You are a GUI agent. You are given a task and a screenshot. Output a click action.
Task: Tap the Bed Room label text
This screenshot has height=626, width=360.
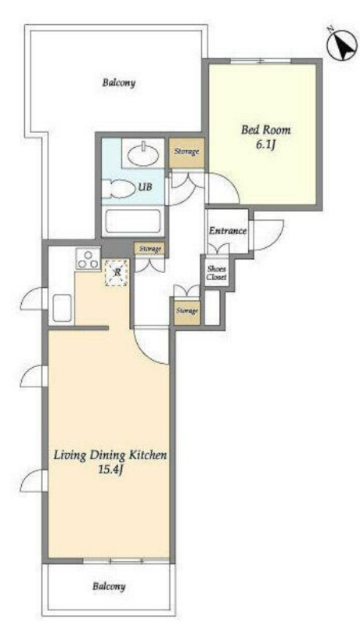click(x=266, y=130)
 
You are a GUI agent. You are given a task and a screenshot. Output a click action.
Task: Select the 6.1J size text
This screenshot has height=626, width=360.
click(x=266, y=145)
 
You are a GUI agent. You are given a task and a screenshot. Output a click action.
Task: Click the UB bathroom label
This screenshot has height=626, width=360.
click(x=146, y=186)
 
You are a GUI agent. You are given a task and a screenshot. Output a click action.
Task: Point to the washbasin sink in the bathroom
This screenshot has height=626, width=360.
click(x=143, y=153)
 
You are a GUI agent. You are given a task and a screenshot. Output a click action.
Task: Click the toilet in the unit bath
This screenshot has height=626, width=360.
click(x=117, y=189)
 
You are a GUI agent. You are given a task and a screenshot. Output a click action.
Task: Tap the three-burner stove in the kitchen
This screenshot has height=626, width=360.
click(x=88, y=259)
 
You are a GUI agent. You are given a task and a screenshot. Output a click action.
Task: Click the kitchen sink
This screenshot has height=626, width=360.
click(x=62, y=308)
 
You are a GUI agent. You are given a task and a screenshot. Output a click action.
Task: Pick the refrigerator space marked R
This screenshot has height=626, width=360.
click(x=117, y=273)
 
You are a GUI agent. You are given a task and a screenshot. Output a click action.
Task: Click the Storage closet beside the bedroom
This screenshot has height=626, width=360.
click(x=187, y=152)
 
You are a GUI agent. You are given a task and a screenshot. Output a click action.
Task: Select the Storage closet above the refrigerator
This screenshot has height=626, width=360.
click(x=149, y=249)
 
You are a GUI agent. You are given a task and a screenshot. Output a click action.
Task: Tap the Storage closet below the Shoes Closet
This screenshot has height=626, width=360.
click(x=187, y=311)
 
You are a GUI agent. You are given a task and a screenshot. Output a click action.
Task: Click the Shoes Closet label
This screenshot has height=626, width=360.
click(x=217, y=273)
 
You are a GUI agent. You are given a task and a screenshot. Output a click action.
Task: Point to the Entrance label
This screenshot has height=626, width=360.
click(x=228, y=231)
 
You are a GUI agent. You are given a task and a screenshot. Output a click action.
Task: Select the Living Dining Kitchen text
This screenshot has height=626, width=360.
click(x=110, y=455)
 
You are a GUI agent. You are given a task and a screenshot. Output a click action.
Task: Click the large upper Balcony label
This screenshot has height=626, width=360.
click(x=119, y=83)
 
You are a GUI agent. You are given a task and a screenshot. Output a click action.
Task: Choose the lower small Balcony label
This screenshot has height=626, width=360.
click(x=109, y=586)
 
